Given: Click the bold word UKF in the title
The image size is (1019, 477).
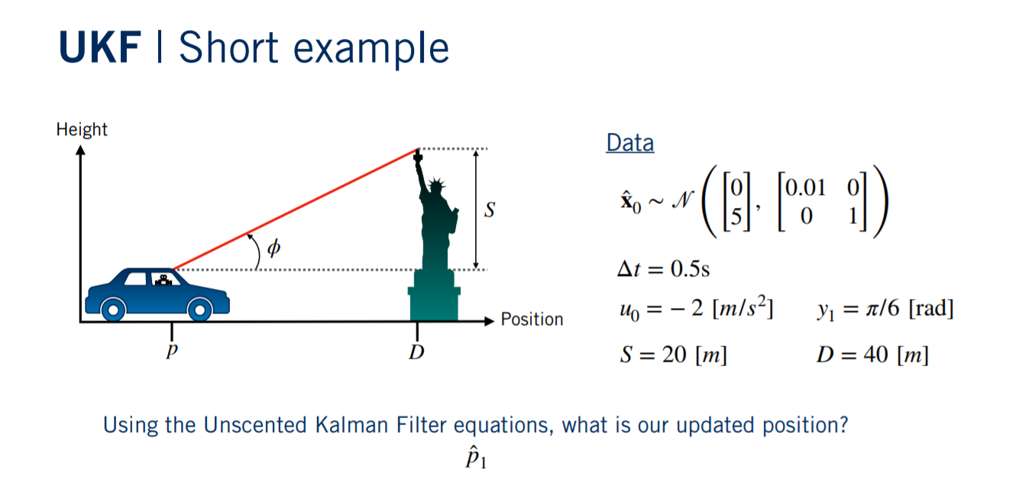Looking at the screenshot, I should (99, 48).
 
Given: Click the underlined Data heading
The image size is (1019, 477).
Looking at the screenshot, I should (629, 143).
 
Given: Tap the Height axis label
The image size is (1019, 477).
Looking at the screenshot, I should (82, 129).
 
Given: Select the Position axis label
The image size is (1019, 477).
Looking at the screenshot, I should (532, 320).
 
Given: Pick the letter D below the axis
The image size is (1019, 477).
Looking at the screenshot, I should (417, 353).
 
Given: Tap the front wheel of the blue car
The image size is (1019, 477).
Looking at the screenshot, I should (200, 309).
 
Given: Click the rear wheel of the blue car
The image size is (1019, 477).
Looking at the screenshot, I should (113, 309).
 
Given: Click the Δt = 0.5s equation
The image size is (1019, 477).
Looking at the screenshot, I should (664, 270).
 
